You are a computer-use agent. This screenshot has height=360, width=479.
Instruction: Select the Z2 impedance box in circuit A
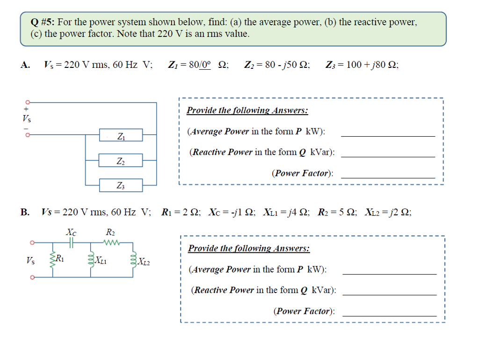tap(121, 161)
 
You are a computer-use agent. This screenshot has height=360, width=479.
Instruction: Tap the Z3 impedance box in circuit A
tap(121, 186)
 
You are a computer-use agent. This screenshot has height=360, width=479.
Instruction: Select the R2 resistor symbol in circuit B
tap(112, 242)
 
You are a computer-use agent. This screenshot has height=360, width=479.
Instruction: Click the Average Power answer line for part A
tap(388, 135)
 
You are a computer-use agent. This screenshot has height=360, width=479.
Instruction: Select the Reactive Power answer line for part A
tap(388, 156)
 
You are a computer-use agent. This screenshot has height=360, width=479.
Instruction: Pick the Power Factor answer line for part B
tap(389, 316)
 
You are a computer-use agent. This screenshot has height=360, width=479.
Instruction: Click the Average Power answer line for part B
tap(389, 273)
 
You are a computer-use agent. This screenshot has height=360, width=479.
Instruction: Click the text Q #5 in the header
tap(43, 22)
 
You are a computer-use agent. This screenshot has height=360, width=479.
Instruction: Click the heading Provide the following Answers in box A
tap(247, 110)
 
